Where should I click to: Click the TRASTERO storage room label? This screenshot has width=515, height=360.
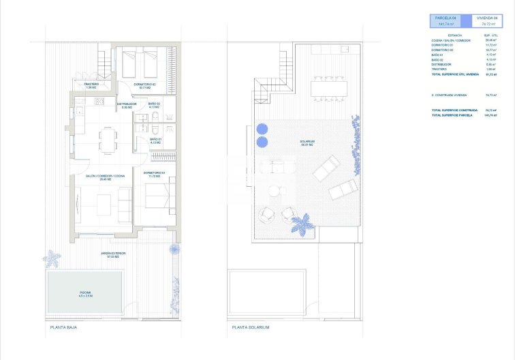(x=91, y=86)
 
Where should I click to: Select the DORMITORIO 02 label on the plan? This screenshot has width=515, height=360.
(x=144, y=85)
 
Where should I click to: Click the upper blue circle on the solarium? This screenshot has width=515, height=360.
(x=262, y=128)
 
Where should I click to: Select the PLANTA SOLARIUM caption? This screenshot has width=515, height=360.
(x=251, y=327)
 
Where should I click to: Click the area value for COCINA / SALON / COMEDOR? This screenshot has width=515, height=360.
(x=490, y=40)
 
